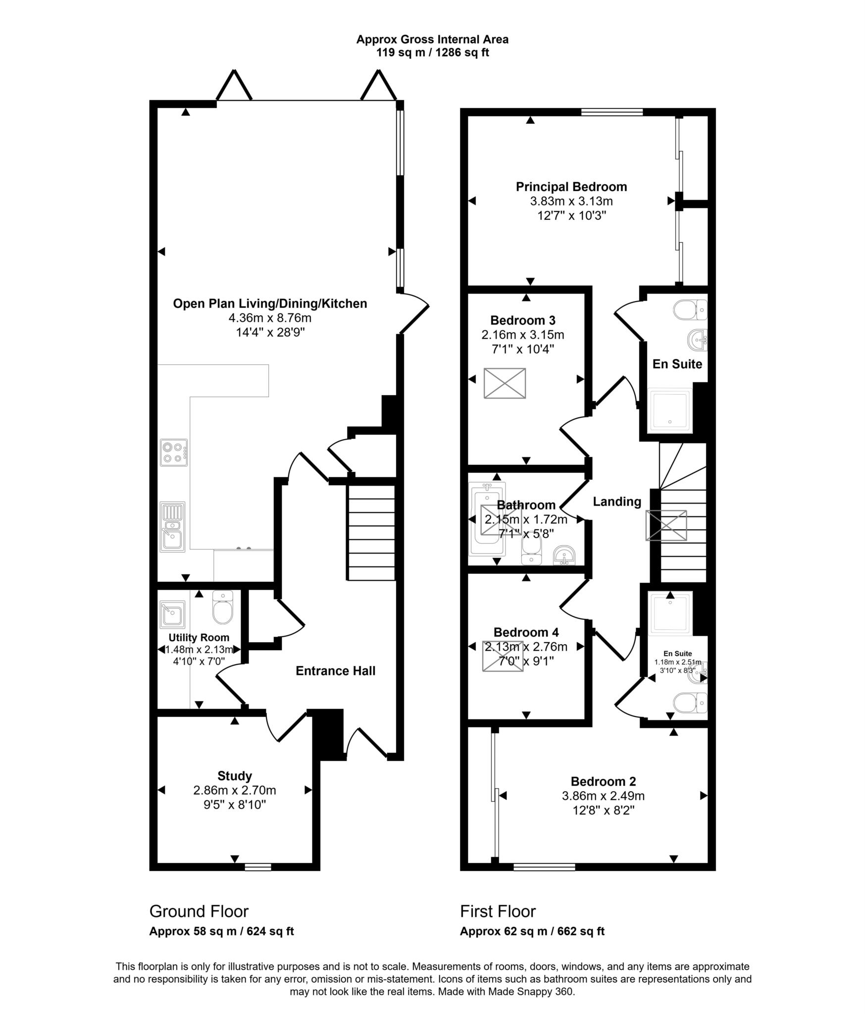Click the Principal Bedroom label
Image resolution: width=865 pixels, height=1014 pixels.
click(x=571, y=187)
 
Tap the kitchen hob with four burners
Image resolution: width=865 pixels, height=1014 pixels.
click(x=174, y=453)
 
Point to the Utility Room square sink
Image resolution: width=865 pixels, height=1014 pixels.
click(x=172, y=614)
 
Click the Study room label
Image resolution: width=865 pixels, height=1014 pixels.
click(x=235, y=776)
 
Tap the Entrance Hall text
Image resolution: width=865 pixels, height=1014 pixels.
click(x=335, y=671)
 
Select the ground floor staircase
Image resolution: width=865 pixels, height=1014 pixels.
click(x=371, y=532)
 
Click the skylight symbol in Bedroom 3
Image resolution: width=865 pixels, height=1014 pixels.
click(x=505, y=383)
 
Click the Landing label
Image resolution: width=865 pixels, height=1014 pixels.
click(x=617, y=502)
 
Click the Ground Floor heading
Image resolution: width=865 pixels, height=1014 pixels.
click(x=199, y=911)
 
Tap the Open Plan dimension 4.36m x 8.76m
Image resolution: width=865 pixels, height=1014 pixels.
click(x=270, y=318)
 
